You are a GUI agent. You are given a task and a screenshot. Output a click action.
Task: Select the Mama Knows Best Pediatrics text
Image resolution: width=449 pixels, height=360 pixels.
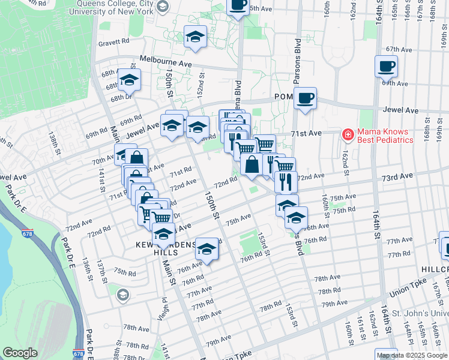[386, 136]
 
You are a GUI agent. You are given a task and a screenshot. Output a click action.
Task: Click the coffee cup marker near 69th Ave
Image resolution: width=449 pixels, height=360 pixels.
[386, 66]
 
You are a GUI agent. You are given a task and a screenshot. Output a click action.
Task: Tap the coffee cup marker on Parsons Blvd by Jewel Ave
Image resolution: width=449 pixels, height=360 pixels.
[305, 98]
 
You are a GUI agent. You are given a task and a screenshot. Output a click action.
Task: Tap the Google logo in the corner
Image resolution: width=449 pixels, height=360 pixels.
[20, 353]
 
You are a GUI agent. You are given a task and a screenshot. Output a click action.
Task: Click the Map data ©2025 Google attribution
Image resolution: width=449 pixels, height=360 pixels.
[412, 355]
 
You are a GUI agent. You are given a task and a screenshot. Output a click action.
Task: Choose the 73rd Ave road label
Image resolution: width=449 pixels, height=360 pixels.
[399, 176]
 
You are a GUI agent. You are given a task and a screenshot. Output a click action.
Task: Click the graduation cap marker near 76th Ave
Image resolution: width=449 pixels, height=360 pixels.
[206, 248]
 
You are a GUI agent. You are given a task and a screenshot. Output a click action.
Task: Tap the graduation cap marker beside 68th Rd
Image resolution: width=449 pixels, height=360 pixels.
[128, 79]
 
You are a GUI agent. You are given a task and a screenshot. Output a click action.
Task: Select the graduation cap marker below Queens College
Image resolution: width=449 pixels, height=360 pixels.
[194, 37]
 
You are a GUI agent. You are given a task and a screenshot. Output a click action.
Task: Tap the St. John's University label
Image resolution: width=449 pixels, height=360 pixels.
[420, 313]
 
